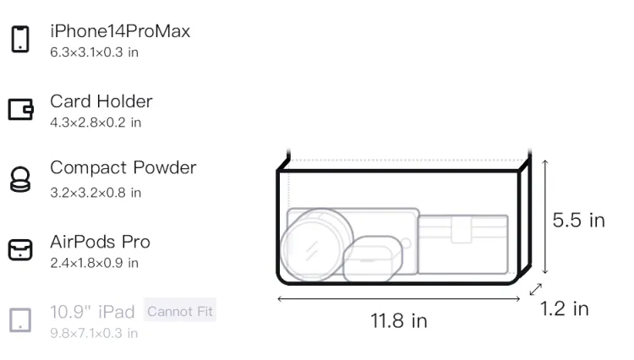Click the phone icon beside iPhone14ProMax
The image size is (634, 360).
(20, 39)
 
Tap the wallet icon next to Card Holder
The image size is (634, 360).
(20, 109)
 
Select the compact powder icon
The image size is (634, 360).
(20, 179)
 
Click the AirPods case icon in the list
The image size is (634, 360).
(20, 249)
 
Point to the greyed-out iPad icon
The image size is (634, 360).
(20, 320)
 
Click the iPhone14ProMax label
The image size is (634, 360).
(120, 31)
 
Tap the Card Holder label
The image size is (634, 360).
(101, 101)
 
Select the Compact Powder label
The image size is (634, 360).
(123, 167)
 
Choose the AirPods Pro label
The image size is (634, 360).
(101, 242)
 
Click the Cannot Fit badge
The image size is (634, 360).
(180, 311)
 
